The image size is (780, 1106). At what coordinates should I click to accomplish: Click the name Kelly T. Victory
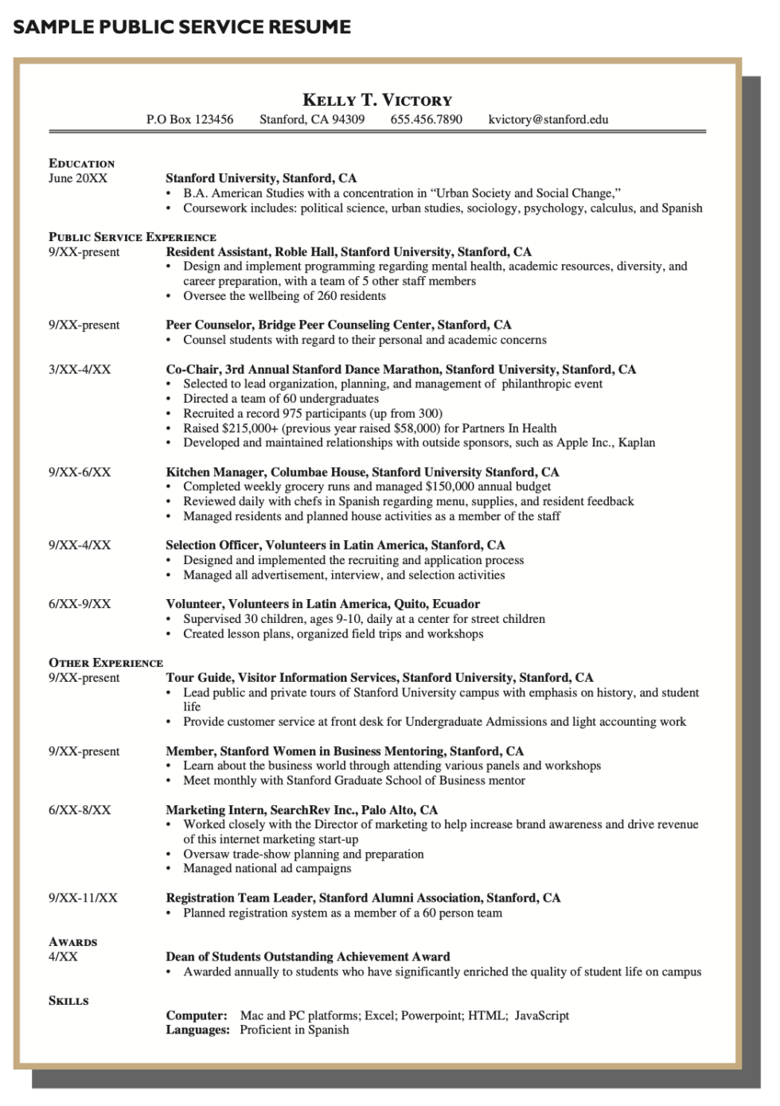tap(377, 100)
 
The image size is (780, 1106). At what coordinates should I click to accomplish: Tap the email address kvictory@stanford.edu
tap(548, 119)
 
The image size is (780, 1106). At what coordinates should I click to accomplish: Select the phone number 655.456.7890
tap(426, 119)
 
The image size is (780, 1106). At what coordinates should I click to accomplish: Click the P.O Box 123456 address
tap(189, 119)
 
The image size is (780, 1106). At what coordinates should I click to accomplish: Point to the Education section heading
tap(81, 163)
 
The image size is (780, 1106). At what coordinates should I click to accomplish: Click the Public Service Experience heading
tap(132, 237)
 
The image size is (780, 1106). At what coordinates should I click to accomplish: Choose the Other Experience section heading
tap(105, 663)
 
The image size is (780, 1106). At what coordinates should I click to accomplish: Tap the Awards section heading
tap(72, 942)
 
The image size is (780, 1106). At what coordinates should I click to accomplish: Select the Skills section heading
tap(68, 1001)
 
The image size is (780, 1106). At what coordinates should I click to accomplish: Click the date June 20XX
tap(77, 178)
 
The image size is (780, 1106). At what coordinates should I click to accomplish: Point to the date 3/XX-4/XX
tap(80, 369)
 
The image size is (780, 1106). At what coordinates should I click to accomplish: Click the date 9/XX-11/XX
tap(83, 898)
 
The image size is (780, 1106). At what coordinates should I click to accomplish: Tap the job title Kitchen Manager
tap(210, 472)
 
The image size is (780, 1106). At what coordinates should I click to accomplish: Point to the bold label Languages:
tap(197, 1030)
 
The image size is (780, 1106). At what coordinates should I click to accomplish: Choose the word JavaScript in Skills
tap(541, 1015)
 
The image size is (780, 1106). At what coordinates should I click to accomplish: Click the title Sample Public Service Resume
tap(182, 27)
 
